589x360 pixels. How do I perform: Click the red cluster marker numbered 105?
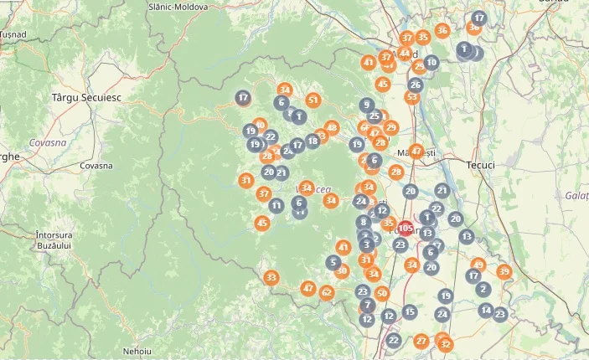click(406, 229)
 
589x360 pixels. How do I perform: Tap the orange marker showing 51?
click(313, 100)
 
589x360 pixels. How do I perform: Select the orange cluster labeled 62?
click(327, 292)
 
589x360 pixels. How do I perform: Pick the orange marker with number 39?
click(504, 272)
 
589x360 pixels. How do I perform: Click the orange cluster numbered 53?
click(411, 97)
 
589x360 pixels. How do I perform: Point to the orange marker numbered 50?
click(382, 293)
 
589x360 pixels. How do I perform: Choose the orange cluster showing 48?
click(332, 128)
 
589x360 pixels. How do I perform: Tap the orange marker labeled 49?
click(478, 265)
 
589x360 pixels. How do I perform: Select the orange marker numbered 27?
click(421, 341)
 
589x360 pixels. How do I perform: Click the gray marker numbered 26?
click(416, 85)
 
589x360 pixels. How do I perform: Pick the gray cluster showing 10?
click(431, 62)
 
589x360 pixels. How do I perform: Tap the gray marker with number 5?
click(334, 262)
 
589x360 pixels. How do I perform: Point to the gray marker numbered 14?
click(486, 311)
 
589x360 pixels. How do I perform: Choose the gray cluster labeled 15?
click(410, 311)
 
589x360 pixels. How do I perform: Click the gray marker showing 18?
click(313, 141)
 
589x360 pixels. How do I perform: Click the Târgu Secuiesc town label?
click(86, 97)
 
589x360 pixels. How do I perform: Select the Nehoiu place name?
click(136, 350)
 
